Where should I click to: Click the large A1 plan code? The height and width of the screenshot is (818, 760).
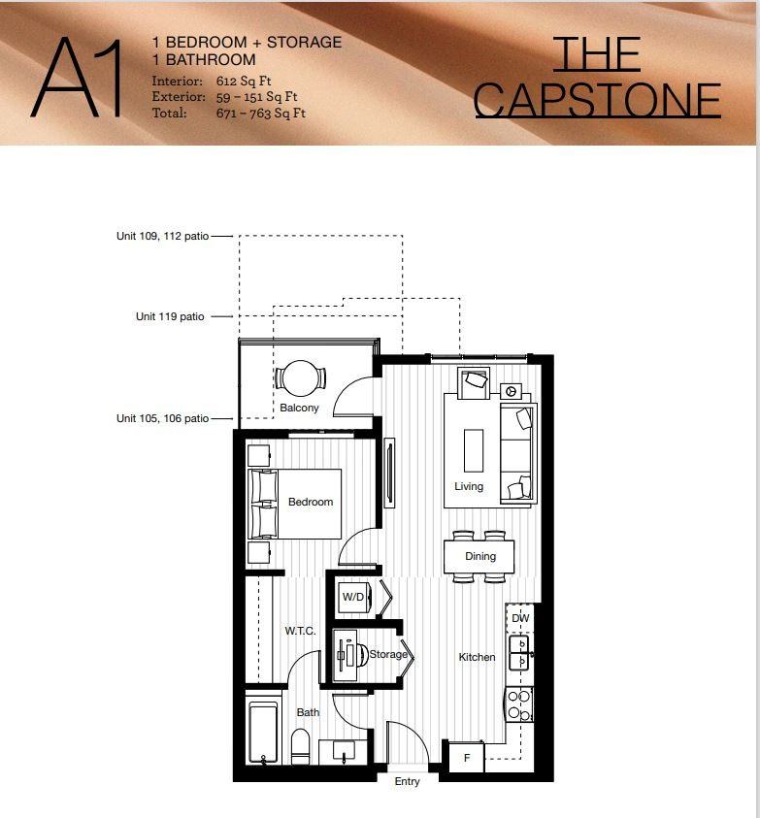[x=78, y=78]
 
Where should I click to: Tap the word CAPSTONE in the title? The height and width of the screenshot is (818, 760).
[x=597, y=100]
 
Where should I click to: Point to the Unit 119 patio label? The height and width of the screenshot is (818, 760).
[x=170, y=316]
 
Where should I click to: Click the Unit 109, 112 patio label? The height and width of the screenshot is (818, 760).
[x=161, y=236]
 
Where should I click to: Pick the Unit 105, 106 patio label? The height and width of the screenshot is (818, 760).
[x=162, y=418]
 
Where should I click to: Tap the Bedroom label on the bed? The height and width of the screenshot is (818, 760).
[x=311, y=502]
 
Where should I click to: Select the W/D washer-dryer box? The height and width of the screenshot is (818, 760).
[x=353, y=597]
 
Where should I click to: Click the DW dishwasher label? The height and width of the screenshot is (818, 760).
[x=520, y=618]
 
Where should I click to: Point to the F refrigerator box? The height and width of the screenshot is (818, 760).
[x=465, y=757]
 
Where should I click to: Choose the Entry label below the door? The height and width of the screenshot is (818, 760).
[x=408, y=782]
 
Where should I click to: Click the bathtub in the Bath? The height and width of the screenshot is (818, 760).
[x=262, y=733]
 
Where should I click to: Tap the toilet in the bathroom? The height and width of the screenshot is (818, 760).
[x=300, y=746]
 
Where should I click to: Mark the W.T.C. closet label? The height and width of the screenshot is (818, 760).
[x=300, y=631]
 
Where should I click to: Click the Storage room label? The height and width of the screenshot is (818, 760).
[x=388, y=655]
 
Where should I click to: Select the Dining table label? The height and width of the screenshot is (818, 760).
[x=480, y=556]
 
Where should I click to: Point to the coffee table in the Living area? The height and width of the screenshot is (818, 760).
[x=474, y=450]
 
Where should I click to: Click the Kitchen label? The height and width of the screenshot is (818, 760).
[x=478, y=657]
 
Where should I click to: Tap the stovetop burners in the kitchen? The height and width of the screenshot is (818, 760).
[x=519, y=704]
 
